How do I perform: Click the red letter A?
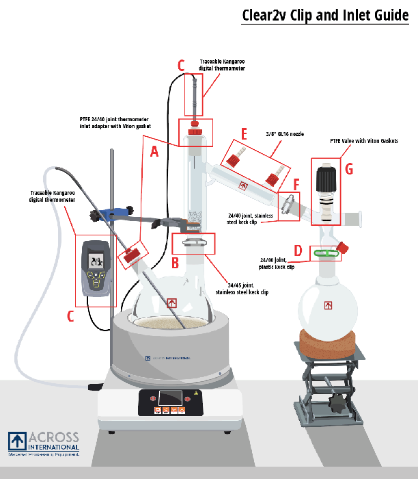point(154,153)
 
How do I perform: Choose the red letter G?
point(349,169)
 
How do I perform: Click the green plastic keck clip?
point(326,254)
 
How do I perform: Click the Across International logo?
point(44,443)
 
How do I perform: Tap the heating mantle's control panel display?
point(171,398)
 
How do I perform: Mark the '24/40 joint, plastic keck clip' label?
point(277,263)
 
